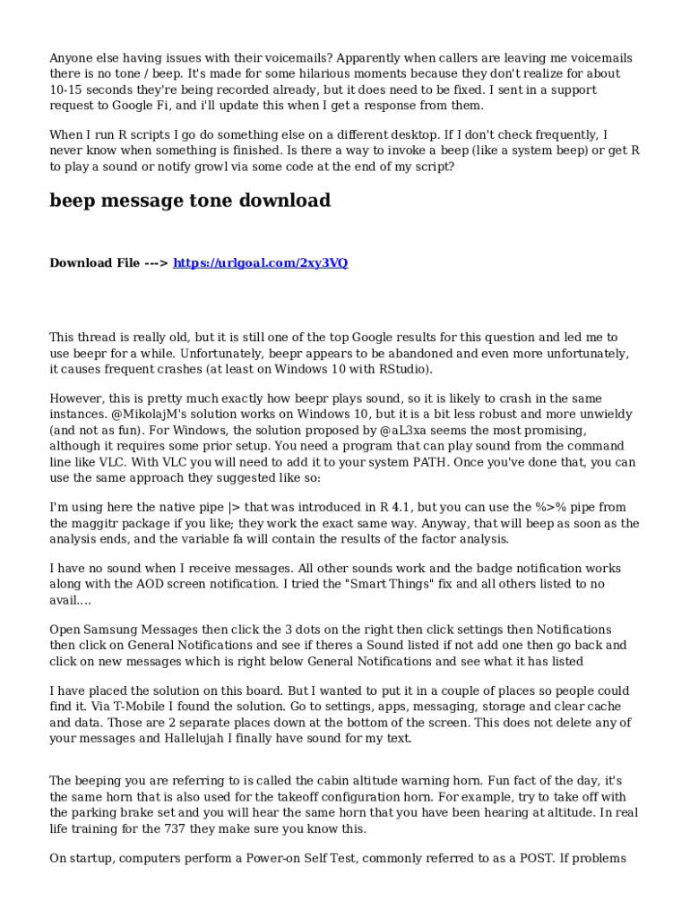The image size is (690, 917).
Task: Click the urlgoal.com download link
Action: [260, 263]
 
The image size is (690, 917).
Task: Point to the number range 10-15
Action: [68, 90]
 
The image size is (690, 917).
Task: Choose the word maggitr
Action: [101, 524]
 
